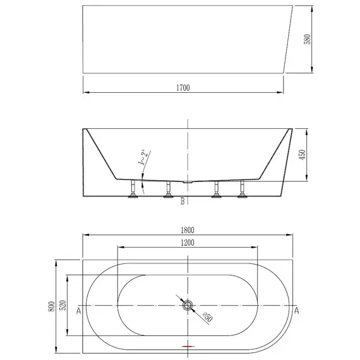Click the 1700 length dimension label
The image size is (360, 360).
183,88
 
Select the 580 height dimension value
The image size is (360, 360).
307,39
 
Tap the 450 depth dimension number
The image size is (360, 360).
303,155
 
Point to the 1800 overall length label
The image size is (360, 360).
188,230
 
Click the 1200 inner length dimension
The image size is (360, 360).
188,243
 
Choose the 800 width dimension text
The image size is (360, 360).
51,306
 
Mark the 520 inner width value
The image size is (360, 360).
63,305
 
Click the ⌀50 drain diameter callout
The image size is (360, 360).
208,317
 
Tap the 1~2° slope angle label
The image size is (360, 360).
142,157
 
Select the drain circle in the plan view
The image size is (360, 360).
188,305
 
